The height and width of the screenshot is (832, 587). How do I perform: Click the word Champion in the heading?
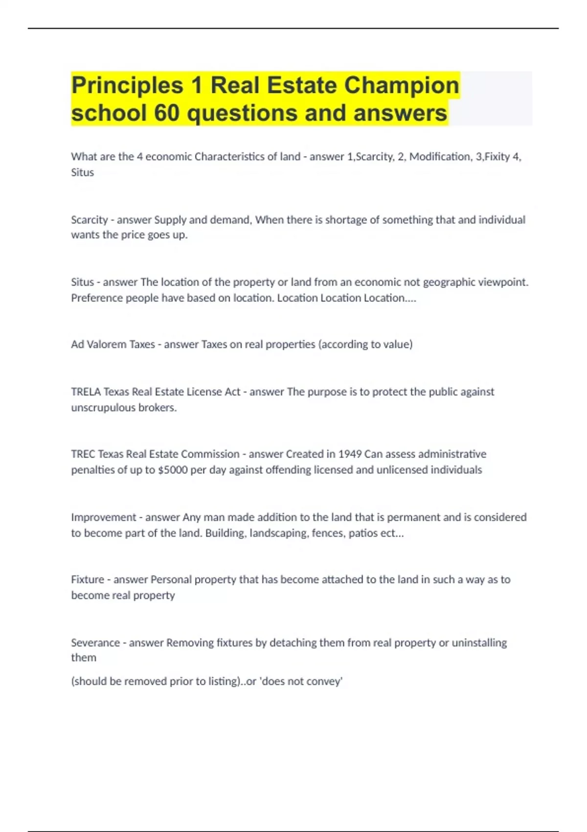(402, 85)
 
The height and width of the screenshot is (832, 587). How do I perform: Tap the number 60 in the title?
(167, 113)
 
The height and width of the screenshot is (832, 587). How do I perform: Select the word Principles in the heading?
(127, 85)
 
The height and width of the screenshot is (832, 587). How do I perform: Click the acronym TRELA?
(86, 392)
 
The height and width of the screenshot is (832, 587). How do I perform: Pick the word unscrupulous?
(103, 408)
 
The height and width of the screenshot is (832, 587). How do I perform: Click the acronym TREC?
(83, 454)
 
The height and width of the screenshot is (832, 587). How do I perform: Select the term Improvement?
(104, 517)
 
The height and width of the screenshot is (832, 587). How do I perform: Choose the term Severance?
(95, 643)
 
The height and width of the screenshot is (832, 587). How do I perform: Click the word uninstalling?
(479, 643)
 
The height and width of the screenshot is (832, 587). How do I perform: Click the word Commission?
(210, 454)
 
